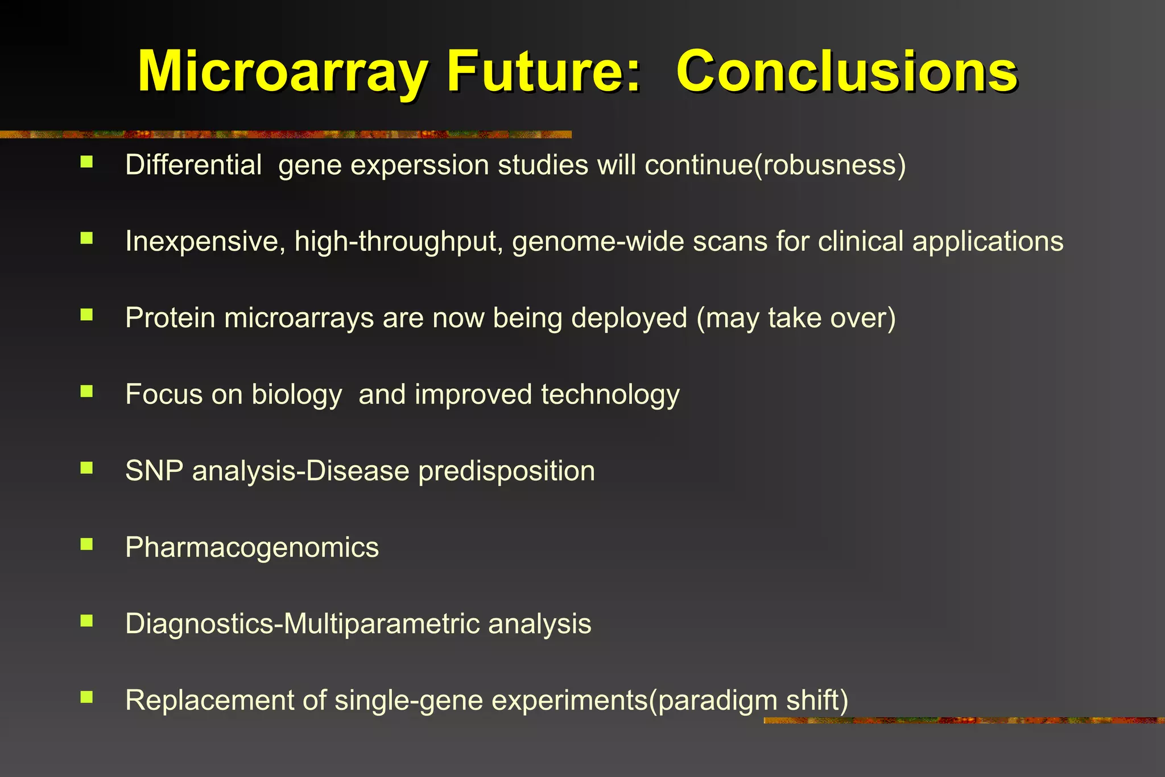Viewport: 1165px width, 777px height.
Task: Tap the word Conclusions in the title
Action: tap(846, 72)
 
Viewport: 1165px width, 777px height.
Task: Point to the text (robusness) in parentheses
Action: tap(830, 166)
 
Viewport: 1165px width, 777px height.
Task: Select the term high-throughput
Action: tap(398, 241)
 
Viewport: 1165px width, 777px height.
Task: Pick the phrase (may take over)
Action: tap(796, 317)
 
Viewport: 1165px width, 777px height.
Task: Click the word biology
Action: tap(296, 395)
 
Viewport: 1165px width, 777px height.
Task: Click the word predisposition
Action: tap(506, 472)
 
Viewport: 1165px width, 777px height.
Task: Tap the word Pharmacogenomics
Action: tap(252, 547)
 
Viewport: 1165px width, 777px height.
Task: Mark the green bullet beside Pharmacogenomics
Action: tap(86, 544)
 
